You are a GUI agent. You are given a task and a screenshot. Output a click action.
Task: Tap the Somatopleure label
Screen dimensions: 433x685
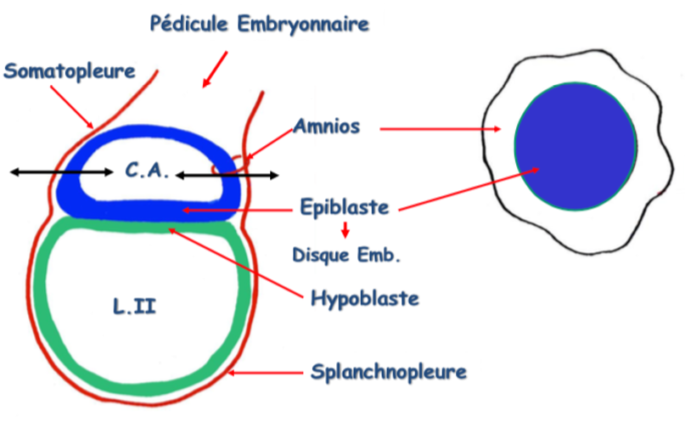[70, 70]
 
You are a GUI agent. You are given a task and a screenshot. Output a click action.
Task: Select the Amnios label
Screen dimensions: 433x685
[327, 127]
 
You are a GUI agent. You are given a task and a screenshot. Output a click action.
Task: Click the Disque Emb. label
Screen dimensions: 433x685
[345, 253]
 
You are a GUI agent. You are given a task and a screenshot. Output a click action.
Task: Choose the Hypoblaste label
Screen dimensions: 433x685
[365, 298]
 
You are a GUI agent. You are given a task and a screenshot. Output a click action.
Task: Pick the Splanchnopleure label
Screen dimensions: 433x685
[388, 372]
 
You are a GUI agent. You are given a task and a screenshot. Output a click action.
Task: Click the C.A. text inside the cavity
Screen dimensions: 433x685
[147, 171]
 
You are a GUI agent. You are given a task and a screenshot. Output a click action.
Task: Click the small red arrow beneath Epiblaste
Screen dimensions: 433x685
[345, 229]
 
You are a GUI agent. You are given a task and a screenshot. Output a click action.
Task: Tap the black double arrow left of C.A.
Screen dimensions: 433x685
[61, 172]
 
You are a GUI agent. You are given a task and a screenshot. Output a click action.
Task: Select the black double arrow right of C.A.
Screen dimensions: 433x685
[227, 176]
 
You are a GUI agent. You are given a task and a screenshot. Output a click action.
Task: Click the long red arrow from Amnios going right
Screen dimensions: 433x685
[440, 129]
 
